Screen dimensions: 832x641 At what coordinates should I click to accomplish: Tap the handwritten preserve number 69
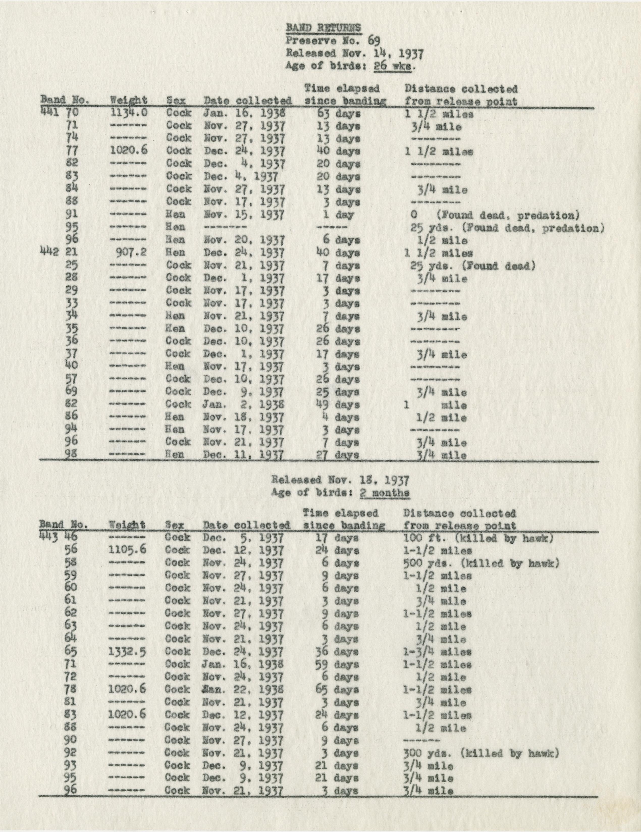373,40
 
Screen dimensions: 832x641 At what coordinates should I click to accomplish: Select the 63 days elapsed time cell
338,114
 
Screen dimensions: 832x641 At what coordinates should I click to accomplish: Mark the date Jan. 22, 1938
244,690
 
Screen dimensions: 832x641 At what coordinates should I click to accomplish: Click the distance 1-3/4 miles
437,652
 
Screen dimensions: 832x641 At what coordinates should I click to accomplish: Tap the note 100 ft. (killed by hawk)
478,538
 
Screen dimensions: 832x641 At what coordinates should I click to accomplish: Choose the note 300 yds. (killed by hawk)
481,753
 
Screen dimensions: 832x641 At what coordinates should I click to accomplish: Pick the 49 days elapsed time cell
338,405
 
